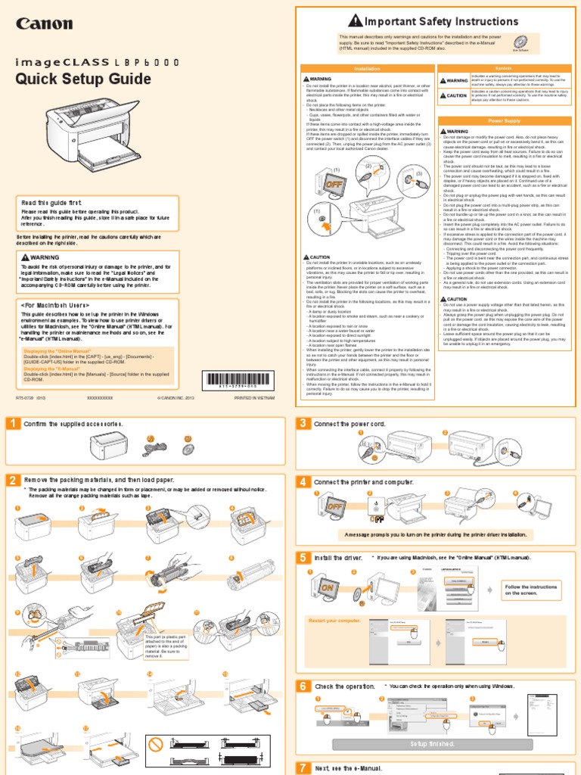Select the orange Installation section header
point(367,68)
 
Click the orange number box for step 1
point(13,424)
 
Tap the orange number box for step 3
point(303,424)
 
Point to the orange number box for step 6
point(303,686)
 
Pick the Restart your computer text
point(333,621)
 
